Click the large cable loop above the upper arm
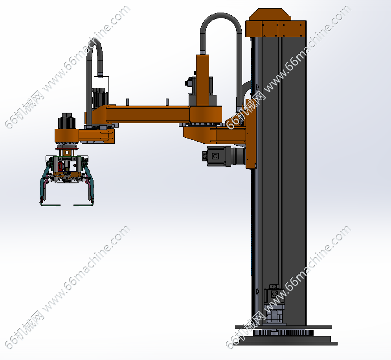pos(221,15)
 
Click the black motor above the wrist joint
pos(66,121)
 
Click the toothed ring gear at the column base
pos(283,333)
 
